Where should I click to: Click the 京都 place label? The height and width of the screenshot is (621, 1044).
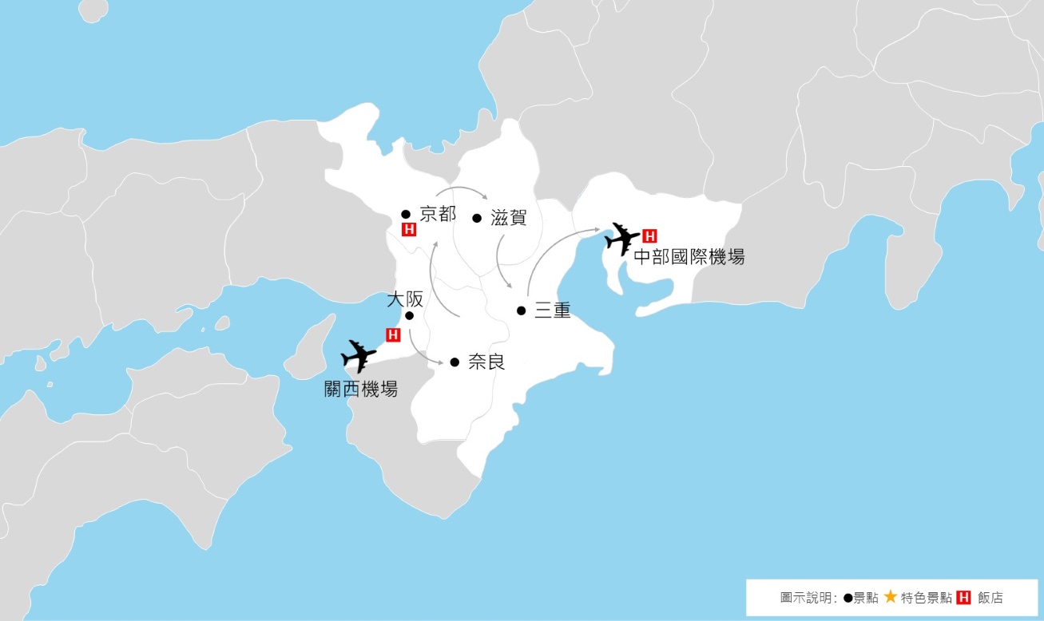click(x=438, y=214)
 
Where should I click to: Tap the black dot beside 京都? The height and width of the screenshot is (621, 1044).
click(x=406, y=214)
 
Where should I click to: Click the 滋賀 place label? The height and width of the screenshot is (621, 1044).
click(x=509, y=217)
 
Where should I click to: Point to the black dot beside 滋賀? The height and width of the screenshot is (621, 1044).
click(x=477, y=217)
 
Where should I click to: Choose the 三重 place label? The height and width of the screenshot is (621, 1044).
click(x=552, y=311)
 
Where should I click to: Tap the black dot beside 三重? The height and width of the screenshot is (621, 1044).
click(x=521, y=310)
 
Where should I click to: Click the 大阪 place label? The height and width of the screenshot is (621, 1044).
click(x=404, y=299)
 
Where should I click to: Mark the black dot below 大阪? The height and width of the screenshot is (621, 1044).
click(x=409, y=315)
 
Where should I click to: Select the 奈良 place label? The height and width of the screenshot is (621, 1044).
click(x=486, y=362)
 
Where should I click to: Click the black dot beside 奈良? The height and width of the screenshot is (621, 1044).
click(x=454, y=362)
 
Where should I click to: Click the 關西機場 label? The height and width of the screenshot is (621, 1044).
click(x=360, y=390)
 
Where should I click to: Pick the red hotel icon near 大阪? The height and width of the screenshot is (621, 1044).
click(x=393, y=335)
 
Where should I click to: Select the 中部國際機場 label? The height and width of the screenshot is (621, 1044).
click(x=689, y=257)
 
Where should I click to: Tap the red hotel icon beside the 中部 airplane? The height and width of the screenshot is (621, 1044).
click(x=649, y=235)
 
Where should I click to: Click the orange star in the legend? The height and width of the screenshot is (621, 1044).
click(x=890, y=597)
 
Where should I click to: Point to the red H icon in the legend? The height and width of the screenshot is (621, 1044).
click(x=963, y=597)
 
